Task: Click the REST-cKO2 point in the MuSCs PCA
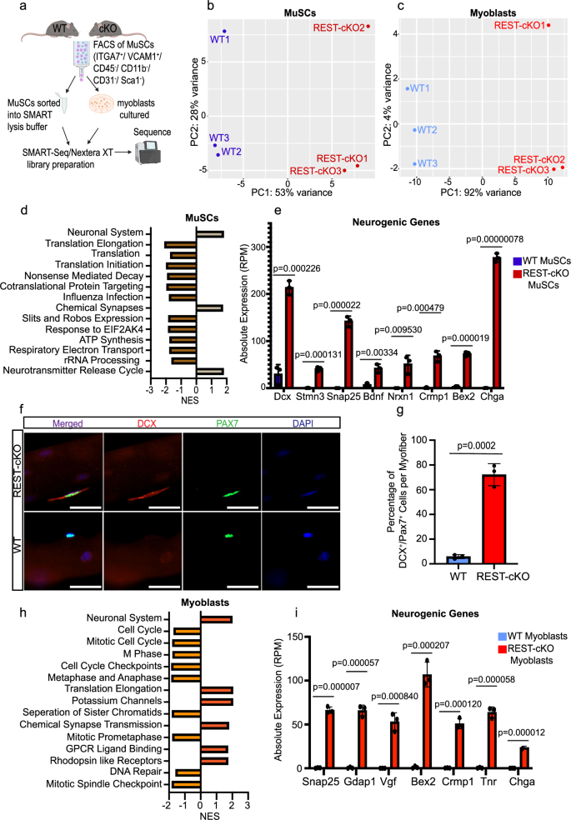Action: [x=368, y=27]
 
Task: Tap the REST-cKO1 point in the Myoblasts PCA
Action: [x=548, y=26]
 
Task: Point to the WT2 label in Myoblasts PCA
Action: [x=427, y=130]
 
